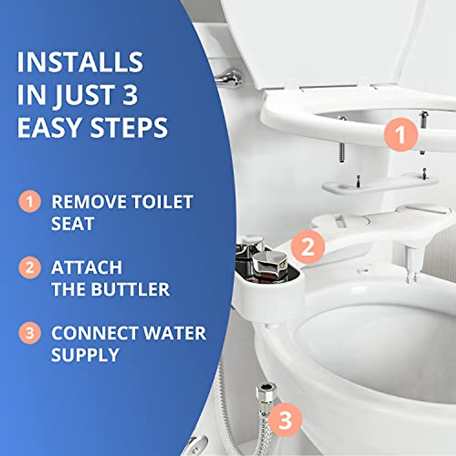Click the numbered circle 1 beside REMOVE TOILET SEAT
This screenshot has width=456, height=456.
coord(29,202)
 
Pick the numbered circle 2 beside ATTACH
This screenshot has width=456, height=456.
coord(29,268)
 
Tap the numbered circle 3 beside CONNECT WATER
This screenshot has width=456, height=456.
coord(29,333)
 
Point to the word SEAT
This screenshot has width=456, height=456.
coord(72,224)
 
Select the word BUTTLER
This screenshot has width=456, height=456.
coord(129,290)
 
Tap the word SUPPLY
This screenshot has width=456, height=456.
coord(85,355)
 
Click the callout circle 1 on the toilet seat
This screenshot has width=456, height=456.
coord(401,135)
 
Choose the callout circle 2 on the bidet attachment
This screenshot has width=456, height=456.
coord(307,247)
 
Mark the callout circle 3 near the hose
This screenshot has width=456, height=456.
coord(285,420)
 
